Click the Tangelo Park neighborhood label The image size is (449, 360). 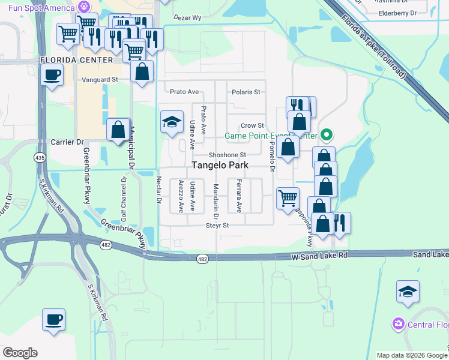pyautogui.click(x=220, y=165)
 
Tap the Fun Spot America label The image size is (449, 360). pyautogui.click(x=37, y=8)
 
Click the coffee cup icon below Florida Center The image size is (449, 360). pyautogui.click(x=52, y=76)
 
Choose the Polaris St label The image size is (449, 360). pyautogui.click(x=246, y=92)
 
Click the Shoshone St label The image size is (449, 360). pyautogui.click(x=228, y=155)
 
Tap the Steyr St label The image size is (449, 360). pyautogui.click(x=217, y=226)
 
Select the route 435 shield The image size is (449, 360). pyautogui.click(x=40, y=157)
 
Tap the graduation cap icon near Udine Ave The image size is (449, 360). pyautogui.click(x=172, y=122)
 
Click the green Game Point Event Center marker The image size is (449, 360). pyautogui.click(x=327, y=135)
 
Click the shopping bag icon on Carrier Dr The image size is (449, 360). pyautogui.click(x=118, y=129)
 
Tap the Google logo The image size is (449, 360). pyautogui.click(x=20, y=353)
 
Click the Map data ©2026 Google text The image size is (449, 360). pyautogui.click(x=412, y=355)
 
